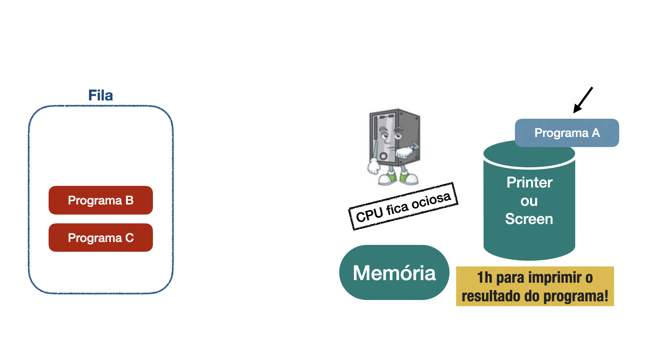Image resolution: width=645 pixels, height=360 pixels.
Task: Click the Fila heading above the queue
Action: point(100,96)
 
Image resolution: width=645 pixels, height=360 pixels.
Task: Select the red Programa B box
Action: point(100,200)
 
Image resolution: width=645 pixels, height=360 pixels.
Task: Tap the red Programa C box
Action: point(100,238)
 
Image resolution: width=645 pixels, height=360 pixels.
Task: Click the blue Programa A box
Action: point(567,133)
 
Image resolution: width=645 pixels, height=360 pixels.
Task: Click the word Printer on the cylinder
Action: point(529,183)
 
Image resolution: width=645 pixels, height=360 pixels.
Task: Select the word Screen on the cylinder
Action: point(529,219)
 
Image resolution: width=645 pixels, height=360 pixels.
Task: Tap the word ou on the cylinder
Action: point(529,201)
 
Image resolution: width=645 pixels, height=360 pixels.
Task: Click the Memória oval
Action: point(394,273)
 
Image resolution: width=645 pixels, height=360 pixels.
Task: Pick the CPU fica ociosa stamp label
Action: point(403,206)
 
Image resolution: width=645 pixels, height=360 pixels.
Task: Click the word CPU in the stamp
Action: point(369,215)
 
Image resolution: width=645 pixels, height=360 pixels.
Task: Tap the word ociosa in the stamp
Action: point(431,200)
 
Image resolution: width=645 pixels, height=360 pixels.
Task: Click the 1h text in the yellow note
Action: point(484,277)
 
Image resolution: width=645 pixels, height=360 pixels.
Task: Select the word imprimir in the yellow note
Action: point(555,277)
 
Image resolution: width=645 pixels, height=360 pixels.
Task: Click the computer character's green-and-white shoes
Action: point(398,178)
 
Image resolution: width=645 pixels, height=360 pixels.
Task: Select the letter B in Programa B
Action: point(129,200)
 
